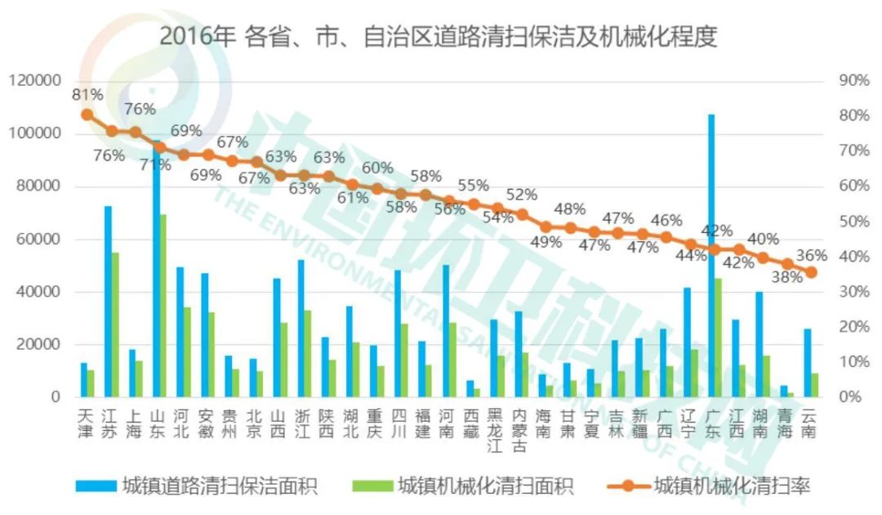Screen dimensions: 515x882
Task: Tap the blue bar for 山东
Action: tap(156, 270)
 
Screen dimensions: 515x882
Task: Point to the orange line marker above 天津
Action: tap(87, 114)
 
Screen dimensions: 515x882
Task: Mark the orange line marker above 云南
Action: tap(811, 272)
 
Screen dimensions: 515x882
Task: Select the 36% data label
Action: tap(811, 255)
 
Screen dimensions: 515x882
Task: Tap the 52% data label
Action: tap(521, 195)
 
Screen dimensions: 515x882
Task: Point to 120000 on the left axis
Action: tap(35, 81)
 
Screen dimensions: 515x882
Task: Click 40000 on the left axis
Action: tap(39, 292)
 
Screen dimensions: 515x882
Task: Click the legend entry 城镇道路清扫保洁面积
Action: tap(196, 486)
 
